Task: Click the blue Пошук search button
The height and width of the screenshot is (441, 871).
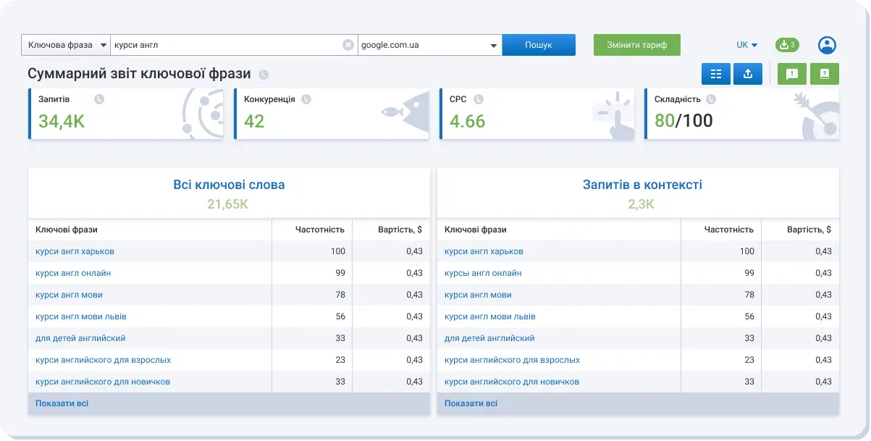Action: coord(539,45)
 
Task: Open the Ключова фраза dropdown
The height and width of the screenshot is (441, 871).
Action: coord(66,45)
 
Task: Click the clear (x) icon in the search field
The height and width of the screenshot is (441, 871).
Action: coord(348,45)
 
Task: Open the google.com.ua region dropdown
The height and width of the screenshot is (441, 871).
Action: coord(430,45)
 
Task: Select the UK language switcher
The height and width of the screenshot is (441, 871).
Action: coord(746,45)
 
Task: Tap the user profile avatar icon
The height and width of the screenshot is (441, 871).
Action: coord(827,45)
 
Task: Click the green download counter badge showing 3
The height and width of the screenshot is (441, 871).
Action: coord(787,45)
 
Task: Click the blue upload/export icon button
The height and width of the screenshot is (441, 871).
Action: coord(748,74)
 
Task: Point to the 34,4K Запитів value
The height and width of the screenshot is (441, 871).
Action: coord(62,121)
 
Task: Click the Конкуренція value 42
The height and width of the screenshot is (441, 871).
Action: coord(254,121)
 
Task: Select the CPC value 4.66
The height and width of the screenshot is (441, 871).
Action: coord(467,121)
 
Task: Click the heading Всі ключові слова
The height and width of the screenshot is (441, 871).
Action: coord(229,185)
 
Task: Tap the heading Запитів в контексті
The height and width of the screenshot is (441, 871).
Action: coord(642,185)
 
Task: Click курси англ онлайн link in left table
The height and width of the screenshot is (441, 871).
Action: coord(73,273)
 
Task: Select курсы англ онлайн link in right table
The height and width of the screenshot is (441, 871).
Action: coord(483,273)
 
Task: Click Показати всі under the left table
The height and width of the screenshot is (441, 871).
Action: coord(62,403)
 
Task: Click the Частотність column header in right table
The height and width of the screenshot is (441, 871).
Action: coord(728,230)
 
